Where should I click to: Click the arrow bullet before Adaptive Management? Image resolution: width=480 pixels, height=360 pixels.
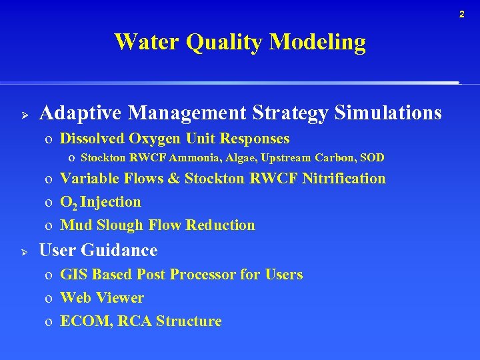pos(23,114)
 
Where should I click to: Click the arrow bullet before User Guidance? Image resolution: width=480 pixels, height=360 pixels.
pos(23,251)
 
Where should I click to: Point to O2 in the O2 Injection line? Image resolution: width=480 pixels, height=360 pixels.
pos(68,202)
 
